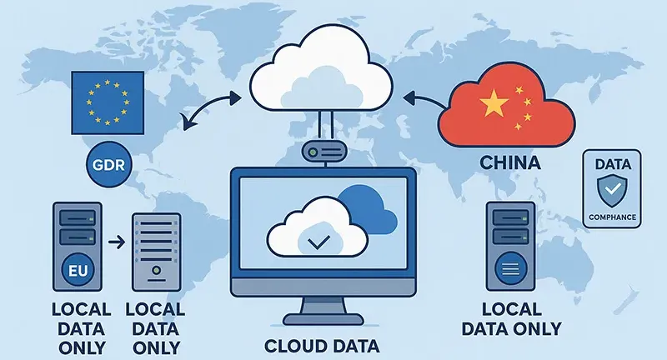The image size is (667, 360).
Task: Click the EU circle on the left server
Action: (x=76, y=271)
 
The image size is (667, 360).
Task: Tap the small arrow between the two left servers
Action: (x=118, y=243)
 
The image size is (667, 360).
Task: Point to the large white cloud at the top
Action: (x=322, y=75)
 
